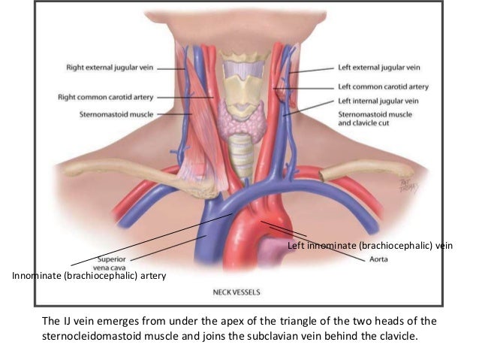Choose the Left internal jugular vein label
(x=378, y=101)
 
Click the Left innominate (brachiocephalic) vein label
(x=371, y=246)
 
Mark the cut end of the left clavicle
(x=324, y=176)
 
